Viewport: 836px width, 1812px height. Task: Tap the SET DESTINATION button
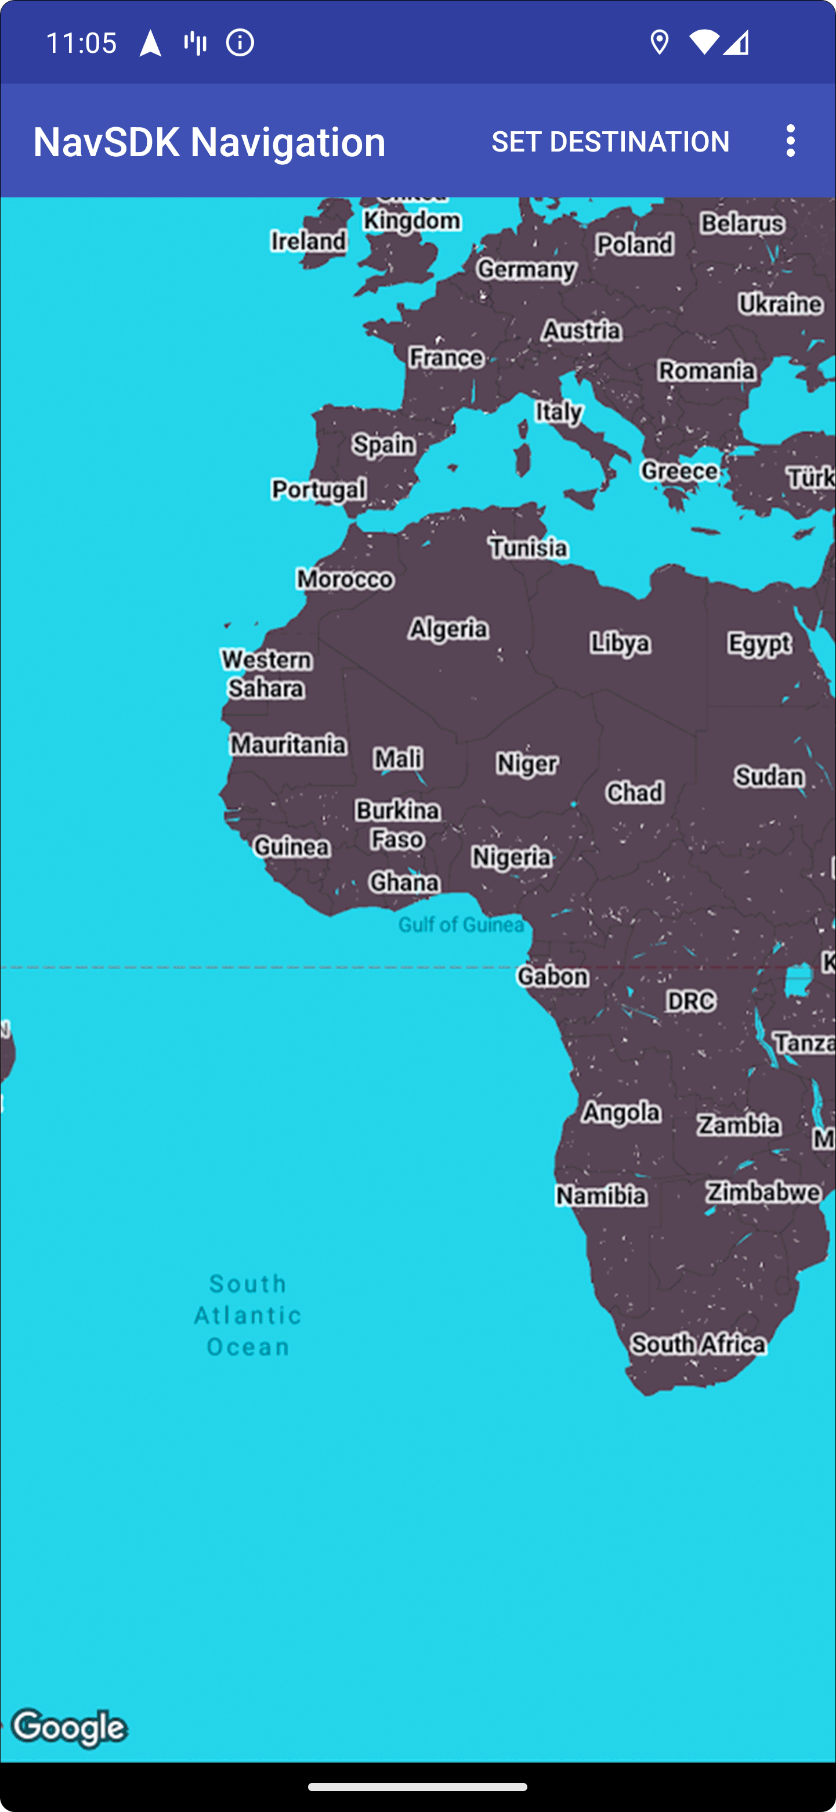pyautogui.click(x=610, y=142)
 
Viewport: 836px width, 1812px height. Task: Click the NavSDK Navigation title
pyautogui.click(x=209, y=142)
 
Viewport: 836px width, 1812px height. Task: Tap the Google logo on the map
pyautogui.click(x=70, y=1728)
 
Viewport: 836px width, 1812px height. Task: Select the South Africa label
pyautogui.click(x=697, y=1344)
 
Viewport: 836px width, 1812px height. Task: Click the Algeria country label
pyautogui.click(x=448, y=628)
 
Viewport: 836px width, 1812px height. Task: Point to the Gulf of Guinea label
pyautogui.click(x=461, y=924)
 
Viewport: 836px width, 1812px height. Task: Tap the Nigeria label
pyautogui.click(x=511, y=857)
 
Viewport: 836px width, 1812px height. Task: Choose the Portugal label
pyautogui.click(x=319, y=489)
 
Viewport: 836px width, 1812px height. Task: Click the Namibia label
pyautogui.click(x=601, y=1194)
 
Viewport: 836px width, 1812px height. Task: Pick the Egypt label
pyautogui.click(x=759, y=643)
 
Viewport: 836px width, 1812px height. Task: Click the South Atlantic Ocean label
pyautogui.click(x=248, y=1314)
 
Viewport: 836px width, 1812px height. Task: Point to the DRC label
pyautogui.click(x=690, y=1001)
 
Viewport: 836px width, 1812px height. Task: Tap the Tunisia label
pyautogui.click(x=528, y=547)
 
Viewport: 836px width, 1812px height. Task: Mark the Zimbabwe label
pyautogui.click(x=763, y=1191)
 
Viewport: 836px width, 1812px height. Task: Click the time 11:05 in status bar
pyautogui.click(x=81, y=43)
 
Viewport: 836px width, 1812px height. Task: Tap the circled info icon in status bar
pyautogui.click(x=240, y=43)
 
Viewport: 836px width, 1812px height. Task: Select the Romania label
pyautogui.click(x=707, y=370)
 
